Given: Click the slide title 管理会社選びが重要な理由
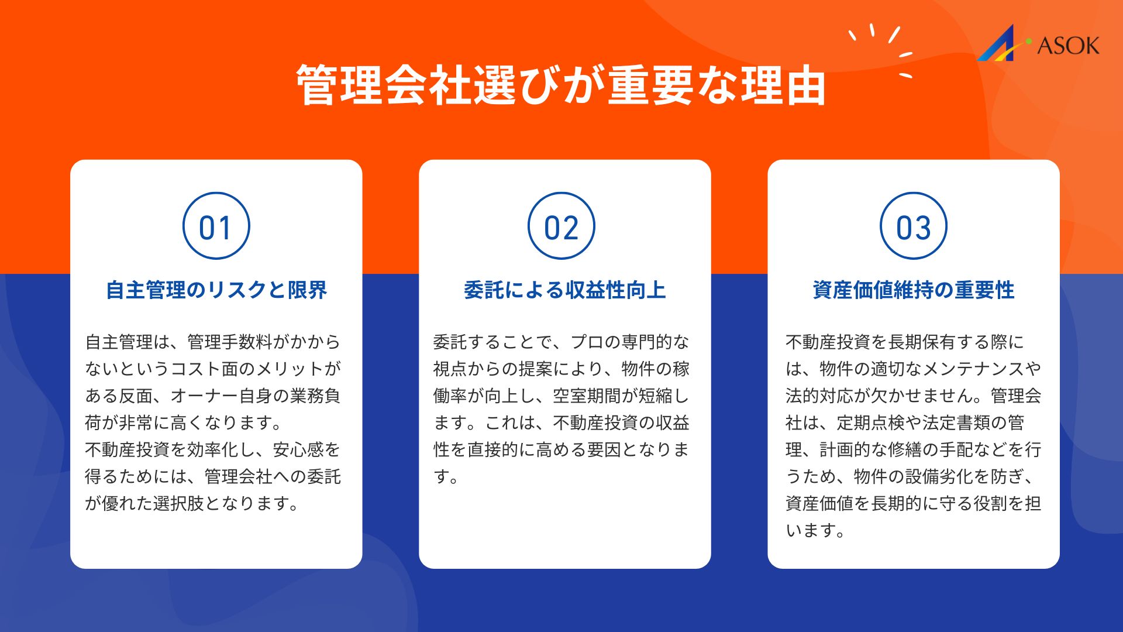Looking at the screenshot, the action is pos(561,85).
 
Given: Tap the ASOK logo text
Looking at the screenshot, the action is pos(1068,46).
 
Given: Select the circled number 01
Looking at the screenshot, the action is pos(216,226).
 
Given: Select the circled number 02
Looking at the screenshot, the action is pos(561,226).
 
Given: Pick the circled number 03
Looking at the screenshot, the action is pos(914,226).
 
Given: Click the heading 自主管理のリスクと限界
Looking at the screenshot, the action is pos(216,290).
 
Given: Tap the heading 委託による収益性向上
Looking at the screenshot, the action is pos(565,290).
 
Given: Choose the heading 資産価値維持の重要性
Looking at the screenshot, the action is pos(914,290).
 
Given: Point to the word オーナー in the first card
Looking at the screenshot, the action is pos(204,396).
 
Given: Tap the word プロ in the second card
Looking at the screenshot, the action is pos(587,342).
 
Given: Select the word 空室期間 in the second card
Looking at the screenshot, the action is pos(587,396).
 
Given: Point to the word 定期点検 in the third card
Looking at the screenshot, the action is pos(871,423).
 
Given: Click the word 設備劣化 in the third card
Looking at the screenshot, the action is pos(939,476).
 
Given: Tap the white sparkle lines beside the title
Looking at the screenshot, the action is pos(880,50).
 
